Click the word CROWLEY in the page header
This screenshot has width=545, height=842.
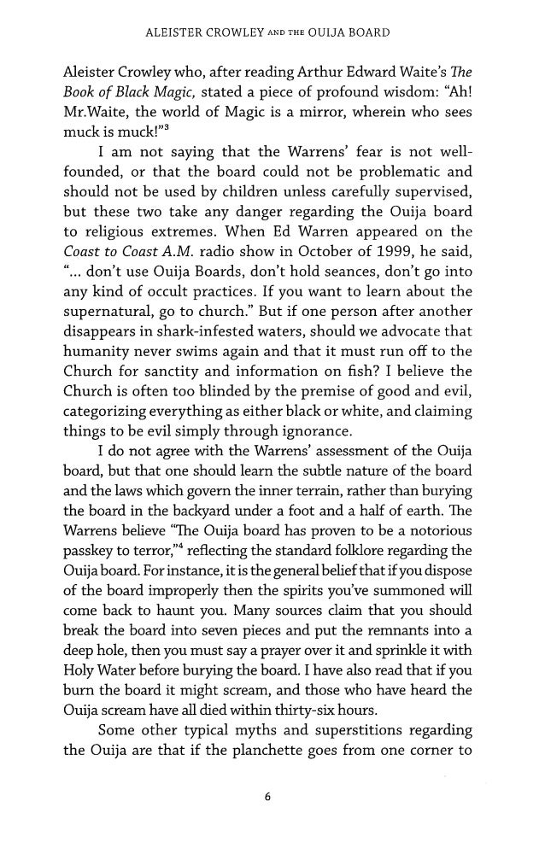[x=231, y=33]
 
